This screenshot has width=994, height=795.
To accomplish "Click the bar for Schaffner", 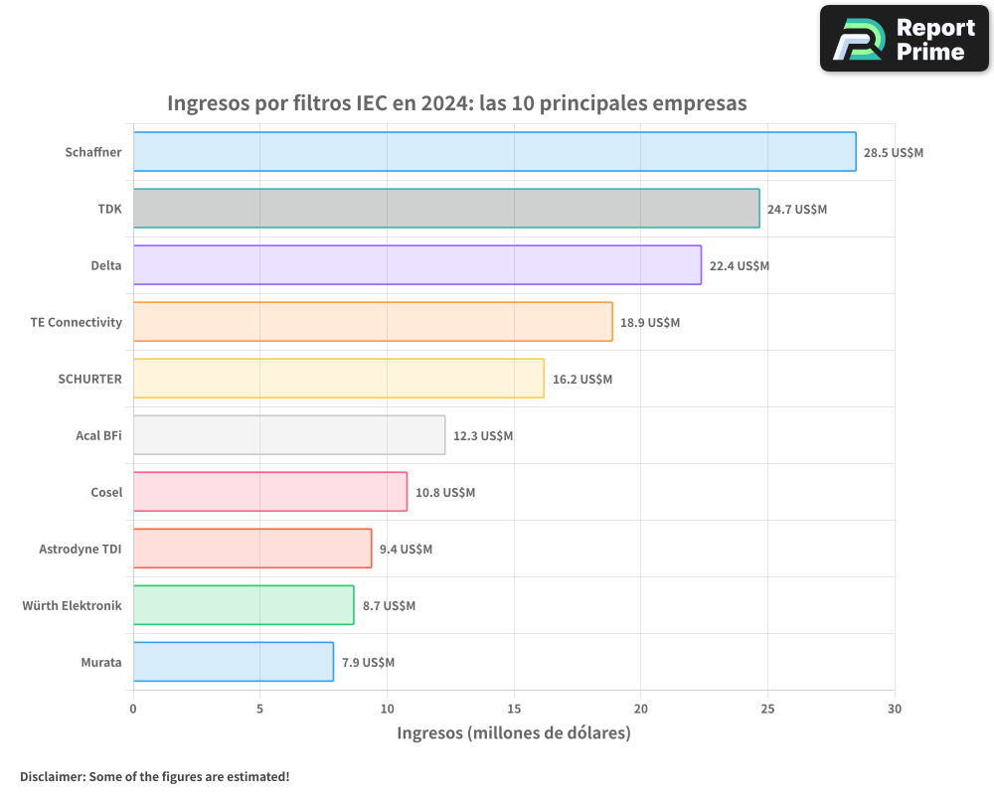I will pos(494,152).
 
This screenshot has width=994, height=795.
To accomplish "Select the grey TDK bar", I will pos(446,209).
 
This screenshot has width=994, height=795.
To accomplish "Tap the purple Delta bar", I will pos(416,265).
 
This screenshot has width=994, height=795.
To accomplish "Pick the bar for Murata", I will pos(233,662).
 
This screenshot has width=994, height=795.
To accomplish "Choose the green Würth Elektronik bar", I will pos(244,605).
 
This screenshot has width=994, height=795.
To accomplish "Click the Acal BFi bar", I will pos(288,435).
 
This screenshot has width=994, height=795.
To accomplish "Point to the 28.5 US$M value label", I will pos(893,153).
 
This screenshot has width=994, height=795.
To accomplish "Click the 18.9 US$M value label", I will pos(650,323).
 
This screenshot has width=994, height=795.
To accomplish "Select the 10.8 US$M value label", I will pos(444,493).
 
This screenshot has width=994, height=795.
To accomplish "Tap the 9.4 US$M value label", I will pos(406,550).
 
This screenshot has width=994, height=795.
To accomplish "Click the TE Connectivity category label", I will pos(77,322).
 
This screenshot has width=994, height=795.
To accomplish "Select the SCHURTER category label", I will pos(90,379).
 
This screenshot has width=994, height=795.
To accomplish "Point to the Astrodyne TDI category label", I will pos(81,549).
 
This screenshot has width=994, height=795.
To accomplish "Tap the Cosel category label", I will pos(106,492).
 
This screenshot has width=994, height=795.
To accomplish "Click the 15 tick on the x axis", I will pos(514,709).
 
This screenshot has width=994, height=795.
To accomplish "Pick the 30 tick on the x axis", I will pos(895,709).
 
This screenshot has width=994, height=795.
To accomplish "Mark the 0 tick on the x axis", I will pos(133,709).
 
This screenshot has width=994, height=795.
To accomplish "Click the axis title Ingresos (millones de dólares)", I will pos(514,733).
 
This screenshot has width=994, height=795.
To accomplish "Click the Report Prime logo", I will pos(904,39).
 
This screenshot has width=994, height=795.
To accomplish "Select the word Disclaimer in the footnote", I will pos(51,776).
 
